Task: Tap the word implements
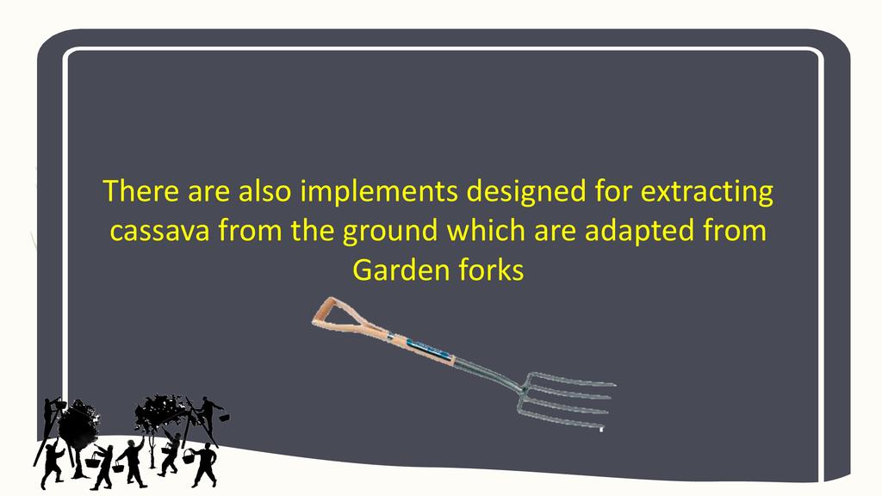[379, 191]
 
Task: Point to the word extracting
[707, 191]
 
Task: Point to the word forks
[491, 270]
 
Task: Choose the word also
[265, 191]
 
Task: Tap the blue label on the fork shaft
[430, 349]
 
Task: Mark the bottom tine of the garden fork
[562, 421]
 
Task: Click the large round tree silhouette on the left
[78, 425]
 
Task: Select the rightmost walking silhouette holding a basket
[203, 463]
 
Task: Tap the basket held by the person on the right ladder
[224, 418]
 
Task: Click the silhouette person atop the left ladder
[54, 409]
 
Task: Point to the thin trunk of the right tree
[152, 449]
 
